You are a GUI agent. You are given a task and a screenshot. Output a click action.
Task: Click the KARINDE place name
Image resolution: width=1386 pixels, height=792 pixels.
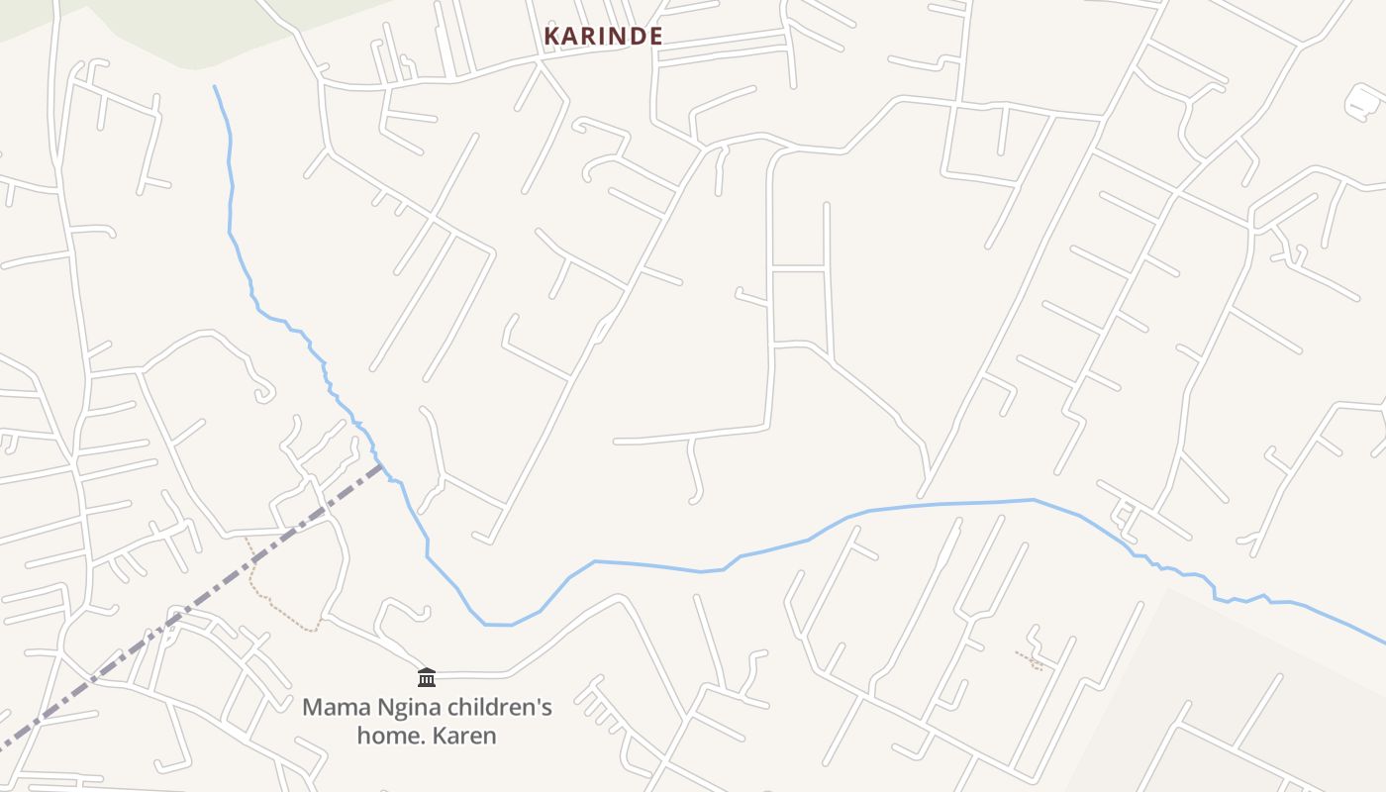(x=603, y=36)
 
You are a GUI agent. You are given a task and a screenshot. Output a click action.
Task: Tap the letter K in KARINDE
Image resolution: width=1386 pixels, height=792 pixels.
(x=551, y=36)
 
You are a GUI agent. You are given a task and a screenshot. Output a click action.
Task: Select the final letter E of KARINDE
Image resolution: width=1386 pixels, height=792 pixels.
(x=654, y=36)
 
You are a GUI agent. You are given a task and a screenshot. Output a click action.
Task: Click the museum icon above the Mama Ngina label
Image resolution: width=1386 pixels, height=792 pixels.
(x=427, y=677)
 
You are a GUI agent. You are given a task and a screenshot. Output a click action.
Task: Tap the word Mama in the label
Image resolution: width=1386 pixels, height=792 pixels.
(x=331, y=708)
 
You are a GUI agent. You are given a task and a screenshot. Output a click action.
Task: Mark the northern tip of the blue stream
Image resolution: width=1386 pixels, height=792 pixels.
(x=215, y=87)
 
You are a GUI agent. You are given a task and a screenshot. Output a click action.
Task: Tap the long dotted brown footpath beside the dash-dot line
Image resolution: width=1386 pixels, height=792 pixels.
(x=272, y=600)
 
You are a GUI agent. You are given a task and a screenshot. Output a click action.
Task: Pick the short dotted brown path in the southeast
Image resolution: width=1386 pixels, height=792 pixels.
(x=1030, y=659)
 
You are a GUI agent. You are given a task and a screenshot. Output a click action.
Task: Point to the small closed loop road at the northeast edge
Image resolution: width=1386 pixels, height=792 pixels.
(x=1363, y=99)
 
